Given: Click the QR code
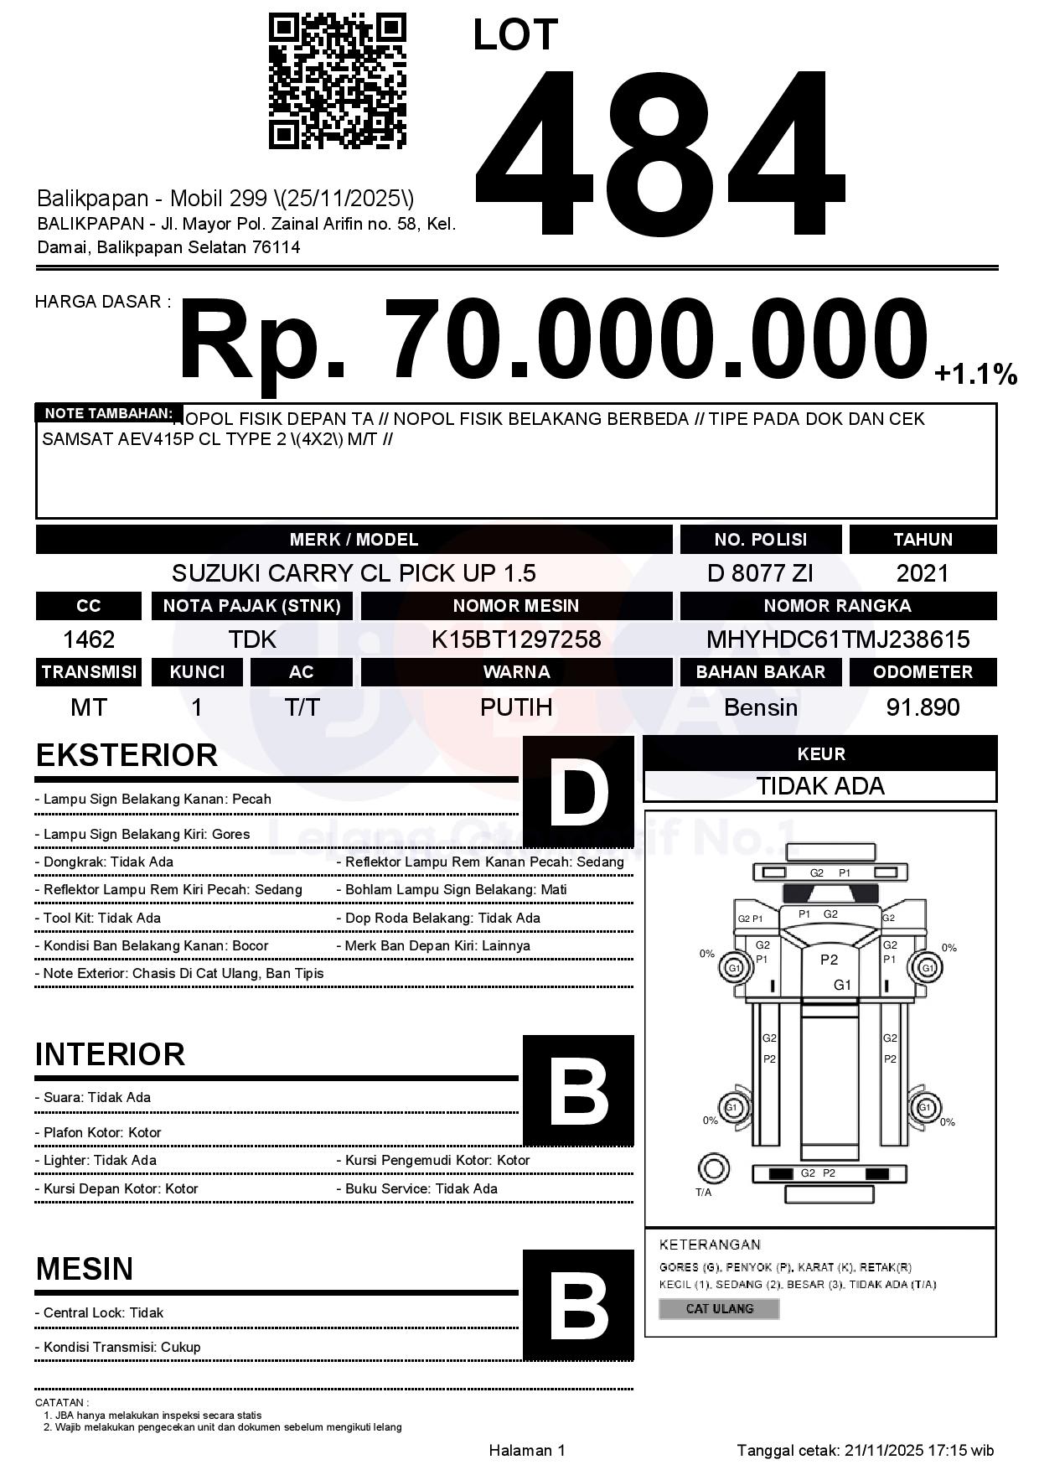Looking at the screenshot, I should click(337, 81).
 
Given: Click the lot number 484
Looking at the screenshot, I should click(659, 151).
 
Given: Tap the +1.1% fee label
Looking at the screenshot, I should click(975, 374).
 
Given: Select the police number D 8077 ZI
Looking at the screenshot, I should click(760, 573).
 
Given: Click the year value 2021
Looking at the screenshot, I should click(923, 573).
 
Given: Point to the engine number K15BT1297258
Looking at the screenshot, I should click(516, 639).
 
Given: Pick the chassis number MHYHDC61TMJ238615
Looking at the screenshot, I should click(838, 639).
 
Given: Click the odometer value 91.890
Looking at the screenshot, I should click(923, 707).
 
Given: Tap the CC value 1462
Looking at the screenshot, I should click(89, 639).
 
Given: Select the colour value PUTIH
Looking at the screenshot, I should click(516, 707).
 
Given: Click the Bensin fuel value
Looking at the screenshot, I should click(760, 707).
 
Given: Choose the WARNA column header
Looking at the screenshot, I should click(516, 672).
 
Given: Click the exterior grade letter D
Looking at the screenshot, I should click(578, 791).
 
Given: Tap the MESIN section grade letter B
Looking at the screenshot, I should click(578, 1305).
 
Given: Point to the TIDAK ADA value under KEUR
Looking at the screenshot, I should click(820, 786).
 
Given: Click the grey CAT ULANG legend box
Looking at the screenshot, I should click(719, 1308).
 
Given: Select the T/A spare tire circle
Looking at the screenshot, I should click(713, 1167).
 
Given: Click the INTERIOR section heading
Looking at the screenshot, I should click(110, 1054).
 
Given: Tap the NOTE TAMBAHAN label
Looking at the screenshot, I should click(109, 413).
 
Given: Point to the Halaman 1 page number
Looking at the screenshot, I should click(527, 1450).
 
